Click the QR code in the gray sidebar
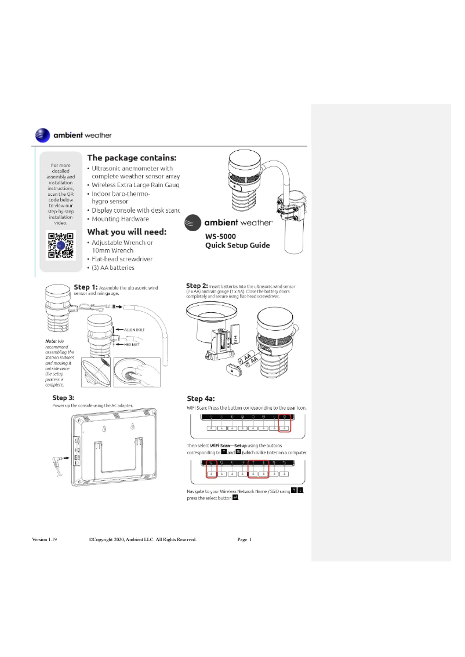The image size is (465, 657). (x=60, y=244)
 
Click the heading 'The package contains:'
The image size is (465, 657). (x=132, y=158)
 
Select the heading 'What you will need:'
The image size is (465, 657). (x=126, y=232)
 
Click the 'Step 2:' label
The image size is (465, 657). (x=197, y=286)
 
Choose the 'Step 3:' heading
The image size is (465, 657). (x=63, y=397)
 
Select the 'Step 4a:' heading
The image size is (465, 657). (x=200, y=399)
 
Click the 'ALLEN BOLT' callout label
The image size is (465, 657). (x=136, y=330)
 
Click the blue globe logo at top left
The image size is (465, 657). (x=43, y=135)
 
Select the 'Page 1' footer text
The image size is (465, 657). (x=245, y=539)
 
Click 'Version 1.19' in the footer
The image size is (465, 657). (x=44, y=539)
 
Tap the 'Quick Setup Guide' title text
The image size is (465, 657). (x=238, y=245)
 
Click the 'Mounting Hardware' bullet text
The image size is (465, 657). (x=121, y=219)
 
